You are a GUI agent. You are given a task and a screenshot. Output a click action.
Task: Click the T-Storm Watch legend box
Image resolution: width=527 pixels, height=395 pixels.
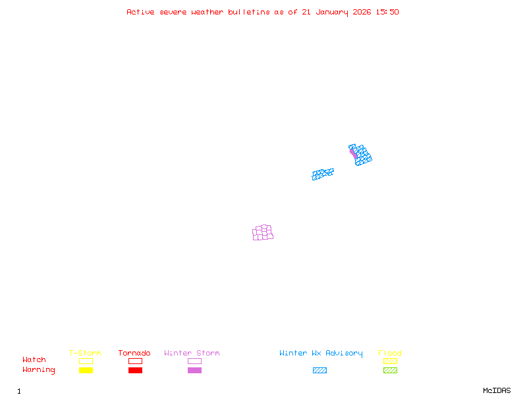point(86,361)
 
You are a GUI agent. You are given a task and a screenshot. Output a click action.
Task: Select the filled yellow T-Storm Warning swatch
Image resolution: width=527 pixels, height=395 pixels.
point(86,370)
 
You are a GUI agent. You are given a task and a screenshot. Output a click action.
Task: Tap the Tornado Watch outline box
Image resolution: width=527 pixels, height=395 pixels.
point(135,361)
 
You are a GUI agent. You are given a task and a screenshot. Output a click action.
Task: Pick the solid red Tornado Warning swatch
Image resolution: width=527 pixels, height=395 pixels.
point(135,370)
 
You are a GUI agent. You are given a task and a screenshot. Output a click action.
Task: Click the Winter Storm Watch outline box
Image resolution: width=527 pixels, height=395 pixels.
point(194,361)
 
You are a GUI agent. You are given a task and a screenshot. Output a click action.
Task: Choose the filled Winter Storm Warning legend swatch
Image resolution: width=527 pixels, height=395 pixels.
point(194,370)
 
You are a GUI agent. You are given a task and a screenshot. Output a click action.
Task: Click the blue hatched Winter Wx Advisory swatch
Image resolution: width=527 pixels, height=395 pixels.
point(319,370)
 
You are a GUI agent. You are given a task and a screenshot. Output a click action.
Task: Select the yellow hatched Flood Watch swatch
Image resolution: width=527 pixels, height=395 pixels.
point(390,361)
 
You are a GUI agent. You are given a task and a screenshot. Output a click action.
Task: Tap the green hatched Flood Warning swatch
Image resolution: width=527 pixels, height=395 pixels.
point(390,370)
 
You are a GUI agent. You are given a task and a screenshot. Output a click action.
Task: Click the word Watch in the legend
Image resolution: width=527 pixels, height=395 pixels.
point(34,360)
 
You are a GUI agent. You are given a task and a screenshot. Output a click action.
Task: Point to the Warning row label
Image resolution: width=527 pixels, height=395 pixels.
point(39,370)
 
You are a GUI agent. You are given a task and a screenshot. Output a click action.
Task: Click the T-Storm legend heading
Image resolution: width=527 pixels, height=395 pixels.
point(85,353)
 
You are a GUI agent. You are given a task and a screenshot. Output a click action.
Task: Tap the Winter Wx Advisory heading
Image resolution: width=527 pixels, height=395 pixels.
point(321,353)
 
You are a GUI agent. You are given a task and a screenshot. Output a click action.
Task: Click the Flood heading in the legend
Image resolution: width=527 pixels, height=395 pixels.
point(390,353)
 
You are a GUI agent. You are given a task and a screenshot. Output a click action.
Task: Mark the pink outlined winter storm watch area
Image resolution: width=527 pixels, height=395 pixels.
point(263,232)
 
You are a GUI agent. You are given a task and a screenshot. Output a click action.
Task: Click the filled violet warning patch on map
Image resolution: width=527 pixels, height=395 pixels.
point(353,153)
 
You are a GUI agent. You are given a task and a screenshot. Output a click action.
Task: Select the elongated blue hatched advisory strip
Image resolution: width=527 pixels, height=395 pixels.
point(323,174)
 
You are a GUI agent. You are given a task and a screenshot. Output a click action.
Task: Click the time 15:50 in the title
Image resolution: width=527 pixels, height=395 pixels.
point(387,12)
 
